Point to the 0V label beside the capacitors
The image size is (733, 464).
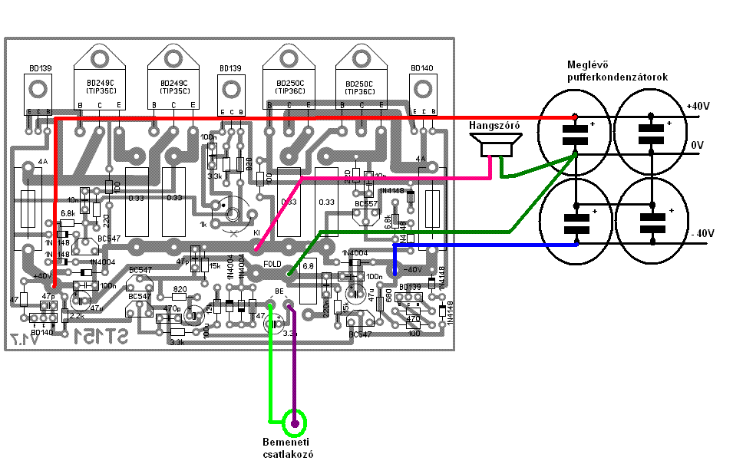[x=696, y=144]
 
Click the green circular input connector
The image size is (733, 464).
[x=294, y=421]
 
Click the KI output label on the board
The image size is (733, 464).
[x=256, y=232]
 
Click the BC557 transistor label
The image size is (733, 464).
[x=366, y=205]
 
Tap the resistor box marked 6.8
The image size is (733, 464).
[x=309, y=266]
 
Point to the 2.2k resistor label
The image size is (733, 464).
[x=77, y=316]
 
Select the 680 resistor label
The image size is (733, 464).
[x=389, y=295]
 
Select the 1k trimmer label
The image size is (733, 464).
[x=203, y=224]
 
